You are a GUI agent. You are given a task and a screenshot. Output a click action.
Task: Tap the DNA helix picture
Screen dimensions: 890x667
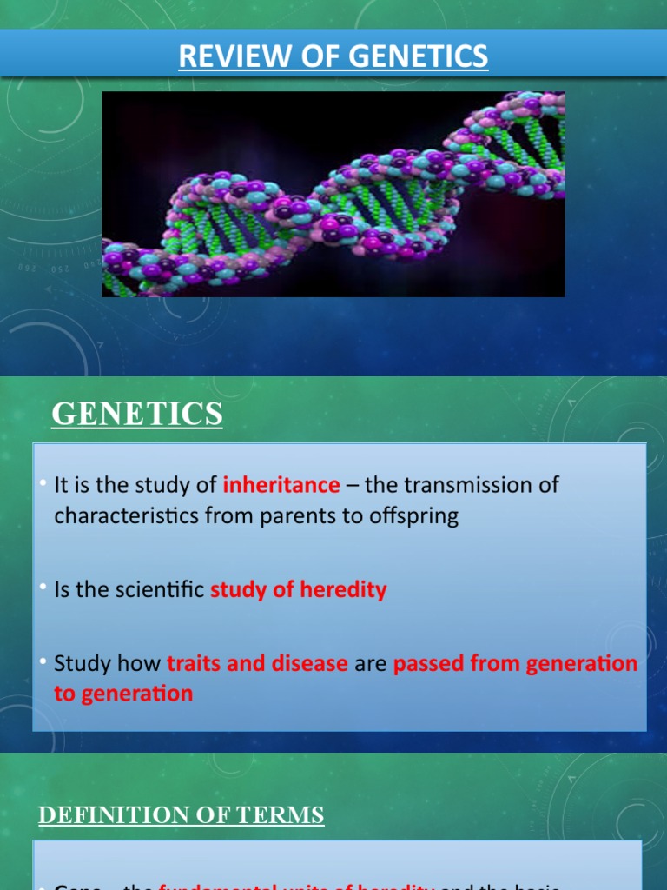[x=333, y=195]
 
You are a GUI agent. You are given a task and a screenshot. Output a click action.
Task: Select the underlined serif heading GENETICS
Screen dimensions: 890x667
[x=137, y=415]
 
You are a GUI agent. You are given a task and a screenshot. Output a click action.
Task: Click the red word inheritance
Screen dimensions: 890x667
[x=281, y=485]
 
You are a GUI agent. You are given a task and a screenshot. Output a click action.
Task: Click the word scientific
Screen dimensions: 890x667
[x=162, y=589]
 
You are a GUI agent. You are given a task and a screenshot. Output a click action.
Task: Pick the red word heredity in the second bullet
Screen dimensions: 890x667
[x=343, y=589]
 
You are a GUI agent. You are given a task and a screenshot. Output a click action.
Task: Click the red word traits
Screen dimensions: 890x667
[x=194, y=664]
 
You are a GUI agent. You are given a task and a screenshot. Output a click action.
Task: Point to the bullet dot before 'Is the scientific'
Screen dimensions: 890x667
[x=42, y=588]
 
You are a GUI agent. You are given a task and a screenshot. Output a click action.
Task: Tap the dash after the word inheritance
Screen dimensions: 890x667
[x=352, y=486]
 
